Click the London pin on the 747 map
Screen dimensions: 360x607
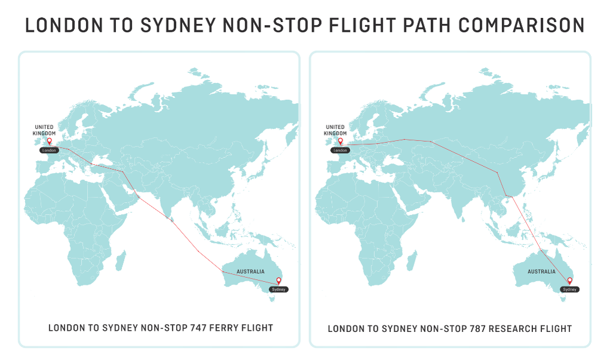pos(49,141)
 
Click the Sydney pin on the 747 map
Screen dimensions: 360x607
pos(278,281)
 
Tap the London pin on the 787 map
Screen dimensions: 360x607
pos(340,141)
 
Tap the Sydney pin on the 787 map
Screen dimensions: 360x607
pos(569,281)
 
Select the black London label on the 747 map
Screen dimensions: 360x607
pos(49,150)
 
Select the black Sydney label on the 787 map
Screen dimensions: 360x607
pos(569,290)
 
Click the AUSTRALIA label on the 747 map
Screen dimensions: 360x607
pos(250,272)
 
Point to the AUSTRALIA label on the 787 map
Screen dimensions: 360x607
pos(541,272)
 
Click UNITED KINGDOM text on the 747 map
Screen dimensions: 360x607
pos(44,130)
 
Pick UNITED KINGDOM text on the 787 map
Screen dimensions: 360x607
pos(335,130)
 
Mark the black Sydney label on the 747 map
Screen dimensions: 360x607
pos(278,290)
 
